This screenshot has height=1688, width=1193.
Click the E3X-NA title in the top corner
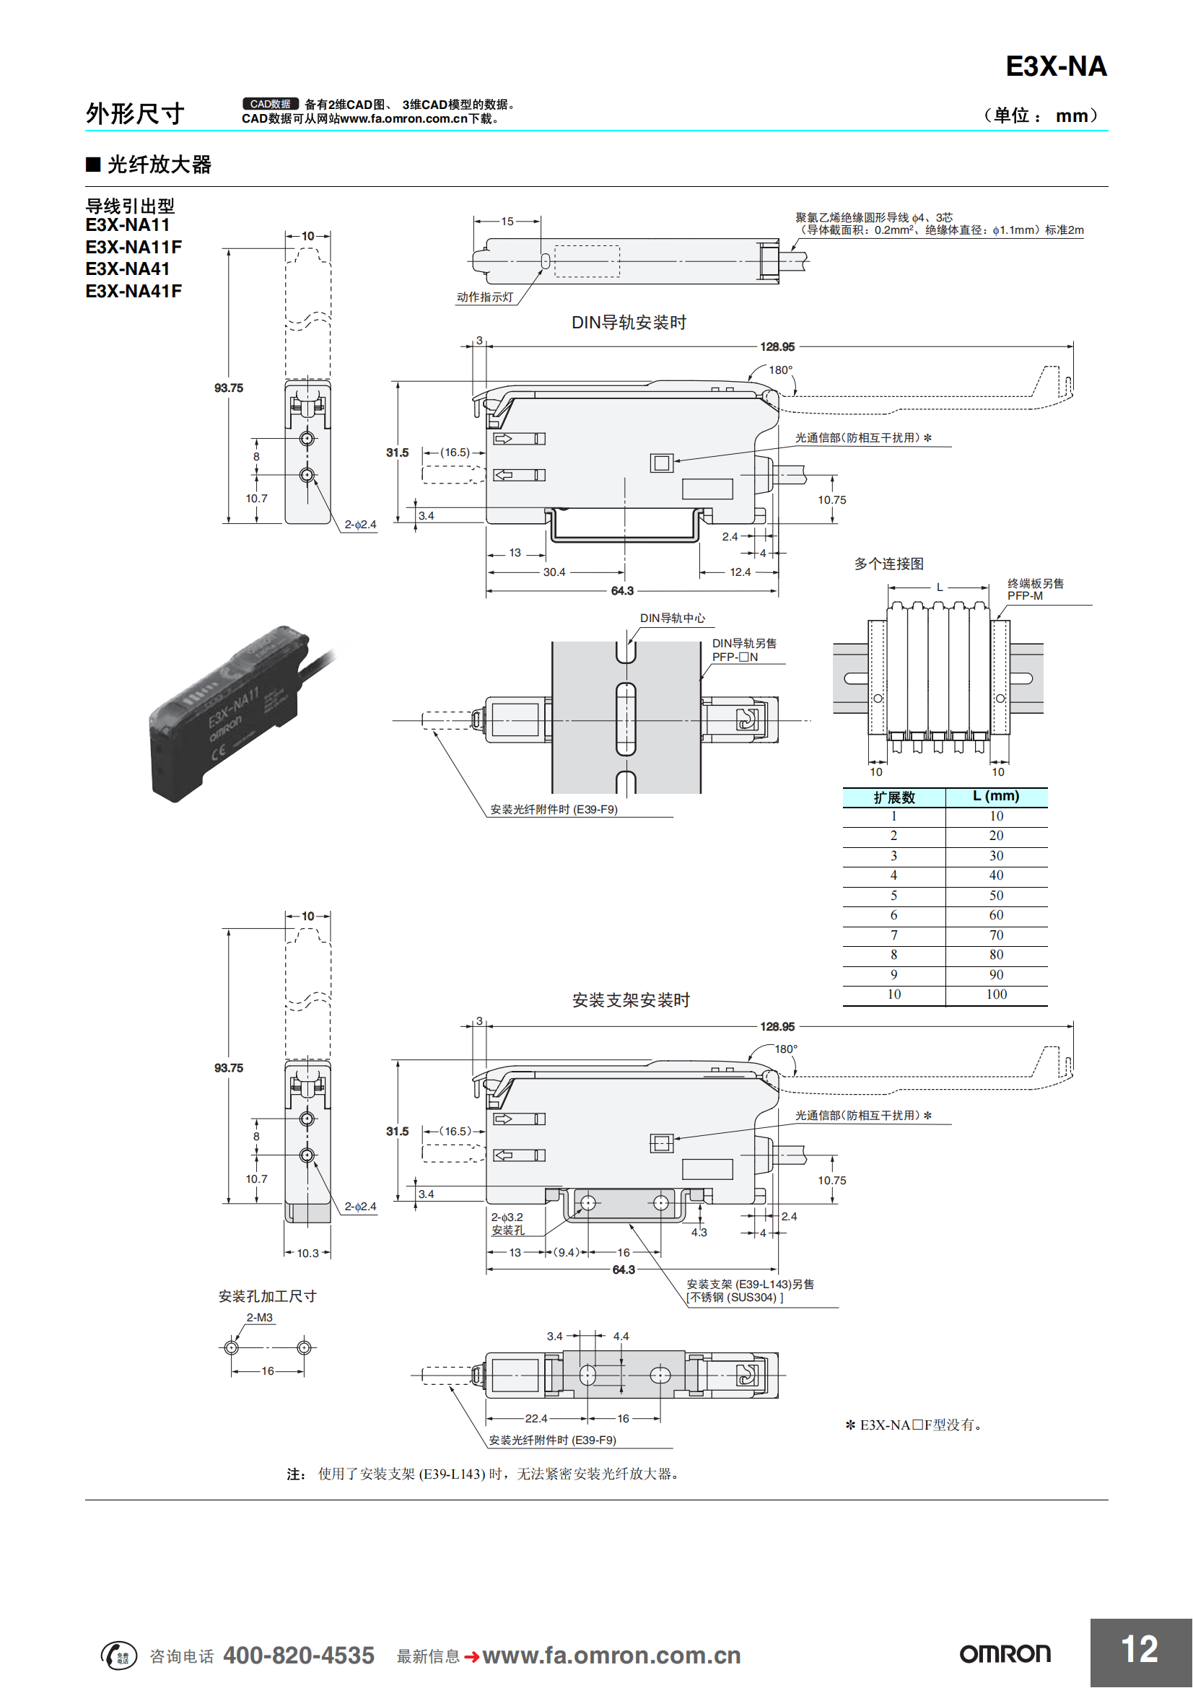pos(1056,67)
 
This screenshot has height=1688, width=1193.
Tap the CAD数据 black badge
pos(271,104)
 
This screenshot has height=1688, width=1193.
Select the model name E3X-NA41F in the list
pos(134,291)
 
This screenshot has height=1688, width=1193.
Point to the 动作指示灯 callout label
pos(484,297)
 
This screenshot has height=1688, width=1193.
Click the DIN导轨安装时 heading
pos(629,323)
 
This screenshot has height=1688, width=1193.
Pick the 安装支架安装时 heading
pos(631,1000)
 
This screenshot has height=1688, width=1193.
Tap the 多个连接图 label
pos(888,564)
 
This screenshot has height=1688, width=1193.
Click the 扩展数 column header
pos(893,797)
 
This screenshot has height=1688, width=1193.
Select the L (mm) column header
pos(996,796)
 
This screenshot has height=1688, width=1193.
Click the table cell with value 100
pos(996,994)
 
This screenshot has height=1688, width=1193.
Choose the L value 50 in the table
pos(996,896)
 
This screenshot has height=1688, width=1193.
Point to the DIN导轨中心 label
pos(672,618)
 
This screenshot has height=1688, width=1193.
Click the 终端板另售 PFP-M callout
pos(1035,590)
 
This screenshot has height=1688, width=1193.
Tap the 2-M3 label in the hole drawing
pos(260,1318)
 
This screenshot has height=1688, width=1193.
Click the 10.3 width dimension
pos(307,1254)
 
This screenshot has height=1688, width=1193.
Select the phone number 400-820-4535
pos(300,1655)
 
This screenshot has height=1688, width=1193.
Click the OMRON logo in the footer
pos(1005,1654)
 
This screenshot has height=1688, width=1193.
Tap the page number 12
pos(1140,1650)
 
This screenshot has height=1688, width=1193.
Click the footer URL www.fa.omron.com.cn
pos(611,1655)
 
